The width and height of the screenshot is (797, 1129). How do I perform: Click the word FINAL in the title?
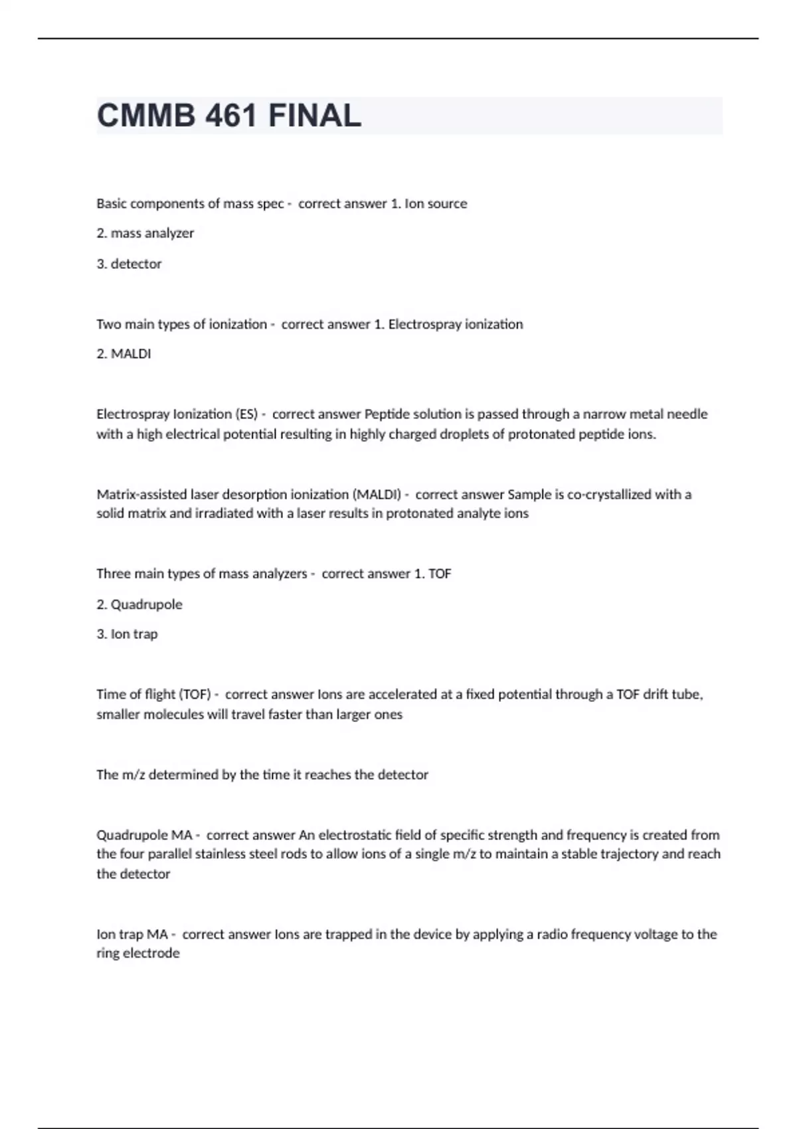(x=315, y=116)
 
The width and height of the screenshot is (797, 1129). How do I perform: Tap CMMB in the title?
(x=146, y=116)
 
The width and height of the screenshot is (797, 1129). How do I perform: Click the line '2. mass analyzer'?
(x=145, y=233)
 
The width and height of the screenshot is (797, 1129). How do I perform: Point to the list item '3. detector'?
(x=129, y=264)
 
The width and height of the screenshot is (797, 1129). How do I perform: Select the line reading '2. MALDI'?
(x=124, y=354)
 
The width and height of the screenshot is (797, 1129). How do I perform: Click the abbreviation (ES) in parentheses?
(x=246, y=414)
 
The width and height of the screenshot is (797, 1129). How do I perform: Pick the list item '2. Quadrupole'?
(x=139, y=604)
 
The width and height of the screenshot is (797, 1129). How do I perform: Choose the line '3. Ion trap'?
(x=127, y=634)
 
